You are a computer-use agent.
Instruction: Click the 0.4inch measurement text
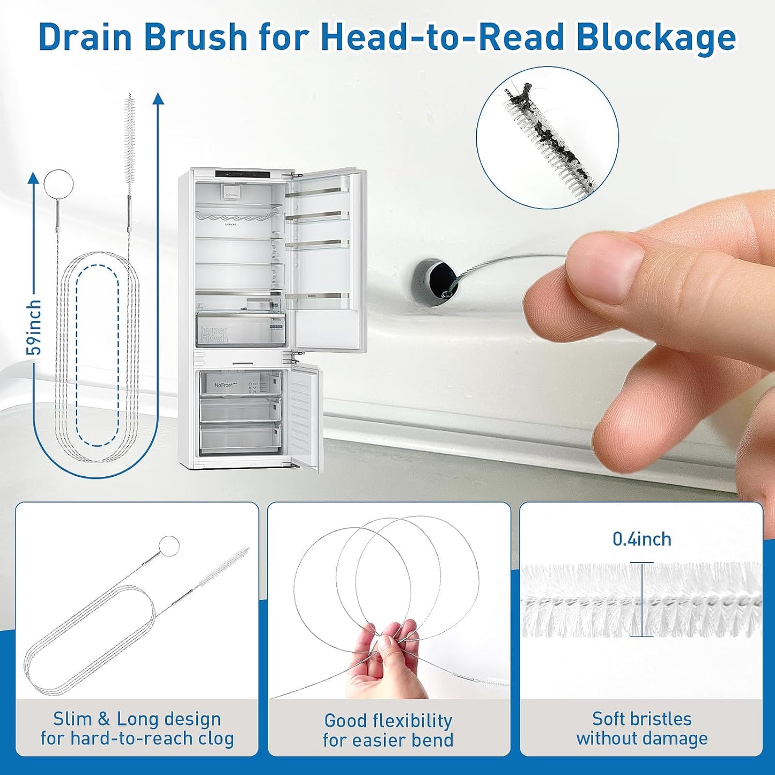click(641, 539)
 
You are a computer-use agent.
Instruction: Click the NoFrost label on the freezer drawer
click(224, 385)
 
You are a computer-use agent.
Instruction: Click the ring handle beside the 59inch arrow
click(58, 184)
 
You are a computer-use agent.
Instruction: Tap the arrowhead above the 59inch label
click(34, 178)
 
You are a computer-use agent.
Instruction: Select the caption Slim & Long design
click(137, 719)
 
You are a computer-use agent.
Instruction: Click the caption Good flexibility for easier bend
click(388, 730)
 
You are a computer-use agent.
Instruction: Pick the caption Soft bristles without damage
click(641, 728)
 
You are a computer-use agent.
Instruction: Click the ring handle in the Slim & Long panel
click(169, 545)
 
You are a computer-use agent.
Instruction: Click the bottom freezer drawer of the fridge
click(240, 439)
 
